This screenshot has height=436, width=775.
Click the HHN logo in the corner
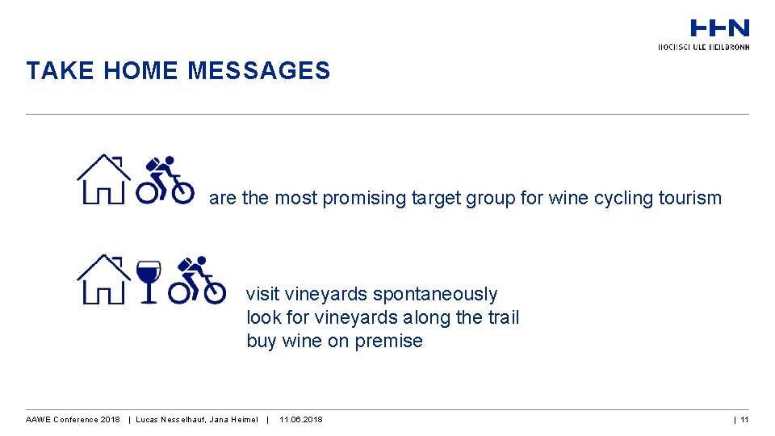pyautogui.click(x=719, y=29)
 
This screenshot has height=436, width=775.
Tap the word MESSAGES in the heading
pyautogui.click(x=258, y=71)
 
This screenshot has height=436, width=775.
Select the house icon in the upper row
pyautogui.click(x=103, y=179)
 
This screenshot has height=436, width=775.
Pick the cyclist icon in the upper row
pyautogui.click(x=165, y=179)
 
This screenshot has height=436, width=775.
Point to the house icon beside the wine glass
pyautogui.click(x=103, y=279)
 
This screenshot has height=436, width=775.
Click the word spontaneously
pyautogui.click(x=435, y=295)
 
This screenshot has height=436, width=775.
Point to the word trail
pyautogui.click(x=503, y=317)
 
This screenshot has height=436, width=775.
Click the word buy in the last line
pyautogui.click(x=262, y=341)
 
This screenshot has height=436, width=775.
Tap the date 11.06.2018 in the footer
pyautogui.click(x=300, y=420)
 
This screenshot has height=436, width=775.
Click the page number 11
pyautogui.click(x=744, y=420)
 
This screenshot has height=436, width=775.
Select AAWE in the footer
pyautogui.click(x=39, y=420)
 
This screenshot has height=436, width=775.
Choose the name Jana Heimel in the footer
pyautogui.click(x=234, y=420)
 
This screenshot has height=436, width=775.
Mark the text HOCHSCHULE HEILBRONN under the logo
pyautogui.click(x=704, y=47)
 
